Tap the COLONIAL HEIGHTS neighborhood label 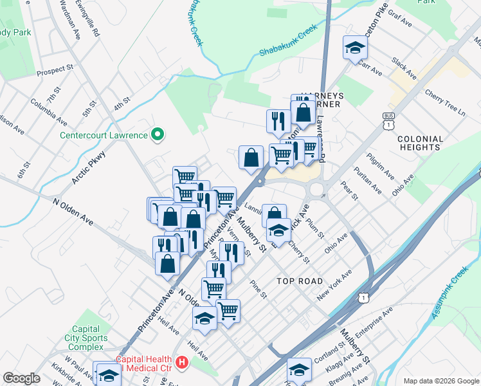[x=420, y=143]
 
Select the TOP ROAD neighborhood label [x=300, y=281]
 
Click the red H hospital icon [x=183, y=363]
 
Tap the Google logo [x=21, y=378]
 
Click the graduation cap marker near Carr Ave [x=354, y=47]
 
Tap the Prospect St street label [x=56, y=70]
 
